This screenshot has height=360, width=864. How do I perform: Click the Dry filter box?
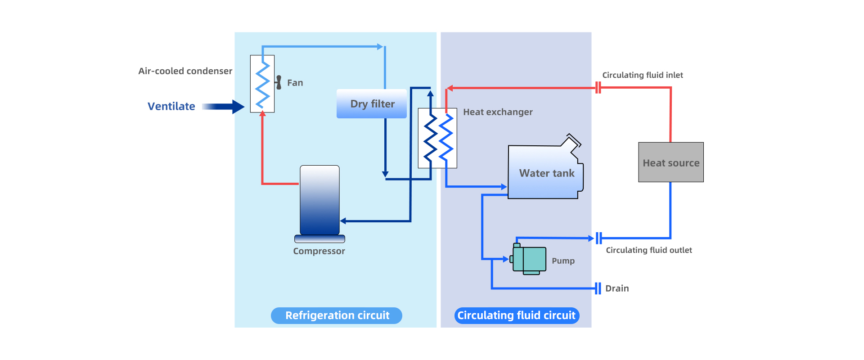tap(372, 104)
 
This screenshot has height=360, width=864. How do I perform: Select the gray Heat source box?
tap(670, 162)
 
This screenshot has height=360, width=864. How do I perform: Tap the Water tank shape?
tap(545, 173)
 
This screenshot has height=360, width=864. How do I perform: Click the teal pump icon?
tap(530, 259)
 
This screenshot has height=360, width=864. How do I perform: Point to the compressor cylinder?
tap(319, 200)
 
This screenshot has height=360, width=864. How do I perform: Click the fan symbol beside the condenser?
tap(279, 82)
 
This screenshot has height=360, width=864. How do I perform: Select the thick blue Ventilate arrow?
tap(223, 107)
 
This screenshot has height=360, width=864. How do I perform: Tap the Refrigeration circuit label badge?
tap(337, 315)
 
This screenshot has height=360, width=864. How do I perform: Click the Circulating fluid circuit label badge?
tap(517, 315)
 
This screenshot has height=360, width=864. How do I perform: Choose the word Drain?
tap(617, 288)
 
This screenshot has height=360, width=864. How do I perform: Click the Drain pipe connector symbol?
tap(598, 288)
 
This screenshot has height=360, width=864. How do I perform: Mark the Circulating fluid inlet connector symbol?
tap(598, 88)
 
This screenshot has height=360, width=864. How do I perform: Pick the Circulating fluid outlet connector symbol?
tap(598, 238)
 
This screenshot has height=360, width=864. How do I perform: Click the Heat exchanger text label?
tap(498, 112)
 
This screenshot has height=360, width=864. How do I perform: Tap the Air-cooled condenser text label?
tap(185, 71)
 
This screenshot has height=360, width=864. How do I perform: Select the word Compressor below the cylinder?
tap(319, 251)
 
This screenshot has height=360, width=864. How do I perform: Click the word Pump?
tap(563, 261)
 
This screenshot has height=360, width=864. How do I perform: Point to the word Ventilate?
tap(171, 107)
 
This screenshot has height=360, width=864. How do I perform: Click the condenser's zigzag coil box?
tap(262, 84)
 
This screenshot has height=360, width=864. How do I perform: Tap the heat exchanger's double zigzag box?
tap(437, 138)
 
